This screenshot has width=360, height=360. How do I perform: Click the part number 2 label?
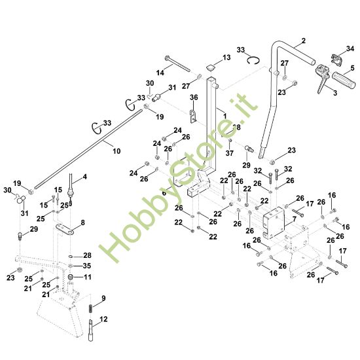[304, 41]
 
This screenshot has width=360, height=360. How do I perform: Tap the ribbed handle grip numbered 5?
[344, 81]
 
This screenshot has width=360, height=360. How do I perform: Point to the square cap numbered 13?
[211, 67]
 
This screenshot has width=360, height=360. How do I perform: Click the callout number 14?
[160, 73]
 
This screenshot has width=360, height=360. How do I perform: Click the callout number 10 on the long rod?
[117, 151]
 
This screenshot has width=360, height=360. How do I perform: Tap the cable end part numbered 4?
[71, 189]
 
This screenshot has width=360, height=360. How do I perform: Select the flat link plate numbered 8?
[65, 229]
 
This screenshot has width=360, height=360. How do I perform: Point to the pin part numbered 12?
[91, 330]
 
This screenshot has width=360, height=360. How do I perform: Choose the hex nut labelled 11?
[71, 276]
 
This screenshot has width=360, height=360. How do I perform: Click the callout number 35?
[87, 266]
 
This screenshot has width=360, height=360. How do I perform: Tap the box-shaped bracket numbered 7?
[274, 223]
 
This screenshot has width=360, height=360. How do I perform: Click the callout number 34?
[350, 48]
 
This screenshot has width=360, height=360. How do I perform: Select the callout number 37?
[229, 153]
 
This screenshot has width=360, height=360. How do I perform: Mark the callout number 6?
[164, 193]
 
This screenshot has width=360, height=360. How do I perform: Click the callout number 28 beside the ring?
[87, 255]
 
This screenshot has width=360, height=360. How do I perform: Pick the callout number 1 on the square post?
[225, 116]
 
